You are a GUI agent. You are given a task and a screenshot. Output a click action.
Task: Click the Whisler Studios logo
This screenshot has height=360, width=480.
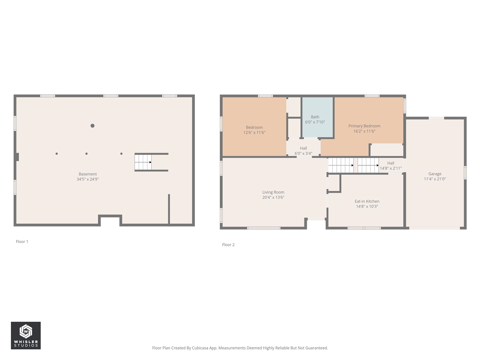tap(25, 335)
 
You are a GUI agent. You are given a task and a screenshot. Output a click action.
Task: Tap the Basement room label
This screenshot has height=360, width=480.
tap(88, 174)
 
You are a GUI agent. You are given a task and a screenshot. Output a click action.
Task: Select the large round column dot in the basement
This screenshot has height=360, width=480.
tap(92, 126)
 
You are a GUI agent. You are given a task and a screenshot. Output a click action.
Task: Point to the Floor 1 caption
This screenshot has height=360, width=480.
tap(22, 241)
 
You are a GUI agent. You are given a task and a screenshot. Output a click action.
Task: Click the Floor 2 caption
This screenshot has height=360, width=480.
tap(228, 244)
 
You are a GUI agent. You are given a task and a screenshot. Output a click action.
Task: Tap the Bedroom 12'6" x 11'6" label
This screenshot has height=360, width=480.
tap(254, 130)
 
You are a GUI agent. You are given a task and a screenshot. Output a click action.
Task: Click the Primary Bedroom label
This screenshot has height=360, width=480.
tap(364, 126)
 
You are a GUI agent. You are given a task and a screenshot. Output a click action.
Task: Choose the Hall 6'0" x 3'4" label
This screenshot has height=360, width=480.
tap(303, 151)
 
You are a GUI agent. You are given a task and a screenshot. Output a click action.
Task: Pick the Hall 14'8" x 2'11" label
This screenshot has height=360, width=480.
tap(391, 166)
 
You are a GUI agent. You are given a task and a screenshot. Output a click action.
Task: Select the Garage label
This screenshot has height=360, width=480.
tap(435, 174)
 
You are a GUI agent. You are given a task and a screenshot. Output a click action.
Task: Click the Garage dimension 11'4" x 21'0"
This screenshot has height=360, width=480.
tap(435, 179)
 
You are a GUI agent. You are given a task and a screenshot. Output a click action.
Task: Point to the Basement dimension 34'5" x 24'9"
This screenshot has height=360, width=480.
tap(88, 179)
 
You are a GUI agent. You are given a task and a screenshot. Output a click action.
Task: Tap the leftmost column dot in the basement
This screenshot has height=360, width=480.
tap(57, 153)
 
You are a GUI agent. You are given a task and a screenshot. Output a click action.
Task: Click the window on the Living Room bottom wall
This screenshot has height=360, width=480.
tap(264, 228)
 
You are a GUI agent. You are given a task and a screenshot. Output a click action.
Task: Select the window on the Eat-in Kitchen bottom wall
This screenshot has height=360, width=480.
tap(364, 228)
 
